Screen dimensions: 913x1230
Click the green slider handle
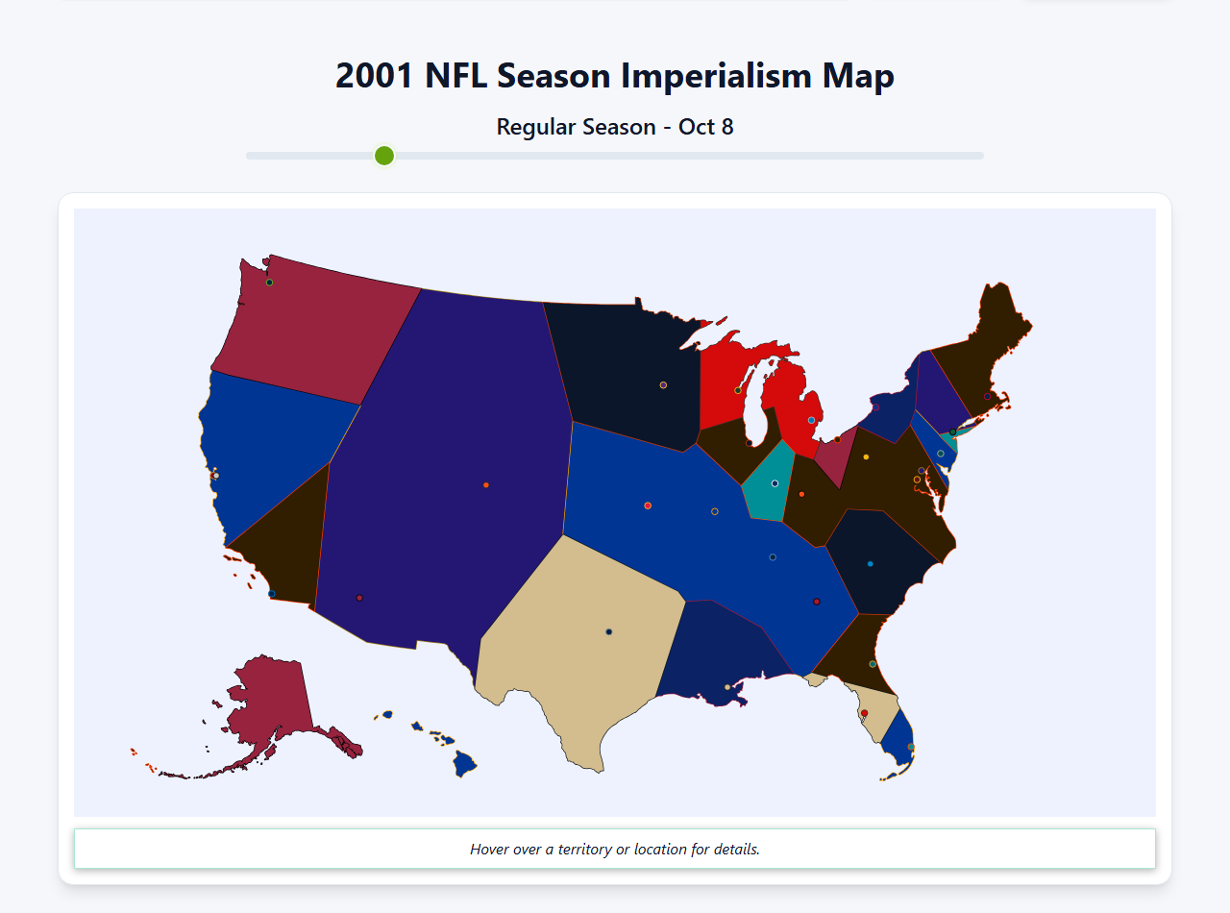(384, 156)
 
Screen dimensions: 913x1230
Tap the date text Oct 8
(706, 127)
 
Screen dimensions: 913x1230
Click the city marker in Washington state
(270, 283)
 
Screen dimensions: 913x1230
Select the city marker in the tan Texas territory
(609, 631)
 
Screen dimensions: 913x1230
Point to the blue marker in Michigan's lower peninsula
(812, 420)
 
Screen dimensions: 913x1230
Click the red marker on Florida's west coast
(864, 713)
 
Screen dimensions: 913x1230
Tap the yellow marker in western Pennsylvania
(866, 456)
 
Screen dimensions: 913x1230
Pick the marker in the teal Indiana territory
(775, 483)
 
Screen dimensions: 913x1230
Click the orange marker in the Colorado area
(486, 485)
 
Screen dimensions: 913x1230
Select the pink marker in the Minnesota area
(663, 385)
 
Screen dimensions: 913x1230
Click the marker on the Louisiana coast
(727, 687)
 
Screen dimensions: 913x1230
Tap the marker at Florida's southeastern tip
(910, 747)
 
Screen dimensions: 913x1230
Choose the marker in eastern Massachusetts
(987, 396)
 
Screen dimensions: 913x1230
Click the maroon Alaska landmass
(269, 711)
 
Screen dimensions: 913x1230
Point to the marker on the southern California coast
(272, 594)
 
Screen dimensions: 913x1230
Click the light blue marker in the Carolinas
(871, 564)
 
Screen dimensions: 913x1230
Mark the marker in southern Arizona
(359, 598)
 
